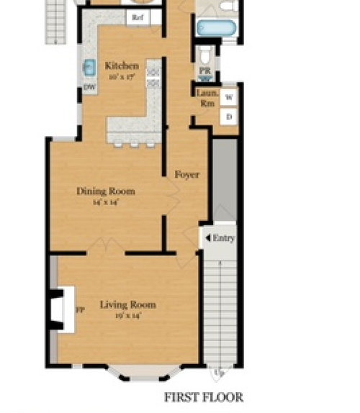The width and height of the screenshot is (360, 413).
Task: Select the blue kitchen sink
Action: coord(88,68)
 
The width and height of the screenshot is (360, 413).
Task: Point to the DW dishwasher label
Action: coord(89,87)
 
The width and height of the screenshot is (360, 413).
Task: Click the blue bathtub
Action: coord(216,28)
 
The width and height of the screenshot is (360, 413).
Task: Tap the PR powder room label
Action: coord(204,71)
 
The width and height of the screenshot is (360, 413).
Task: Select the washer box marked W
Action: coord(229,97)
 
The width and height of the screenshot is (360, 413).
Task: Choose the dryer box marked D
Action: coord(229,117)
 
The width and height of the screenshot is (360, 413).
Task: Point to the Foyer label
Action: coord(187,174)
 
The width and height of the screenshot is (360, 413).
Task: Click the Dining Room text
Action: coord(106,191)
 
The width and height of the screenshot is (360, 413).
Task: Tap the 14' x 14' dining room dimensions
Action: coord(105,203)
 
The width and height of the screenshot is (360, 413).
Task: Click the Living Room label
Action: coord(127,304)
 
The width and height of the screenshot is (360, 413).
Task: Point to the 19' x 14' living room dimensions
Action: coord(127,316)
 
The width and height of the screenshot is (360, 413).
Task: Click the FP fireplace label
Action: coord(79,310)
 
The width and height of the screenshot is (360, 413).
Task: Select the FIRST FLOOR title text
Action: coord(204,396)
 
